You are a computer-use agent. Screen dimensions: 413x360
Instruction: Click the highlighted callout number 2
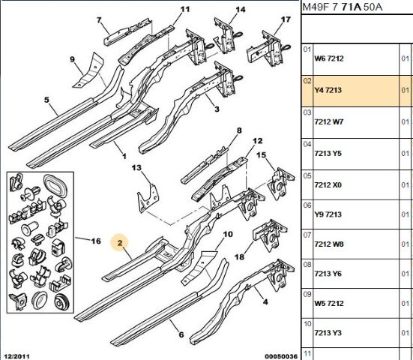point(120,243)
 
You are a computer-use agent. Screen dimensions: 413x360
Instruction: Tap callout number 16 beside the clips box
point(96,241)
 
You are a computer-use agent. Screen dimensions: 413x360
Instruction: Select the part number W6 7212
point(329,58)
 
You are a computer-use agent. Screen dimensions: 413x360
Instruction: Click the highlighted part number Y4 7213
point(328,90)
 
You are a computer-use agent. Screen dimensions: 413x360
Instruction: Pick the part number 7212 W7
point(329,121)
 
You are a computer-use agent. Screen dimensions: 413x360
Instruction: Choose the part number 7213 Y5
point(328,154)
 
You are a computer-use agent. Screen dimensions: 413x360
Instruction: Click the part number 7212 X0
point(328,185)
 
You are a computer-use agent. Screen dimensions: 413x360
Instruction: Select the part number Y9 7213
point(328,214)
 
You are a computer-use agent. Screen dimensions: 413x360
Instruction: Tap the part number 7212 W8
point(329,244)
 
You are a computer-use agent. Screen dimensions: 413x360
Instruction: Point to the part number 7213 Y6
point(328,274)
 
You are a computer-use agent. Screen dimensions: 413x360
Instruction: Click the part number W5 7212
point(329,303)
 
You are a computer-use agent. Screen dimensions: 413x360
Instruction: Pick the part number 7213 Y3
point(328,333)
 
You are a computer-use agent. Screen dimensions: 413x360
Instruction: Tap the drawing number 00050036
point(281,356)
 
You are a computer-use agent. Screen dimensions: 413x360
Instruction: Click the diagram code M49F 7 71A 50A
point(342,7)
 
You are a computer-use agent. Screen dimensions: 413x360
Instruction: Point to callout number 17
point(286,19)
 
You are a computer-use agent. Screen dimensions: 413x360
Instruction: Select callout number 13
point(136,167)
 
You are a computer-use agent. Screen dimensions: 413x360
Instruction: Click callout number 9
point(73,59)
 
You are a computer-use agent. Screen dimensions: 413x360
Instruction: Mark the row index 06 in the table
point(307,205)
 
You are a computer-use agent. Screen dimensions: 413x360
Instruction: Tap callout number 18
point(239,256)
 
